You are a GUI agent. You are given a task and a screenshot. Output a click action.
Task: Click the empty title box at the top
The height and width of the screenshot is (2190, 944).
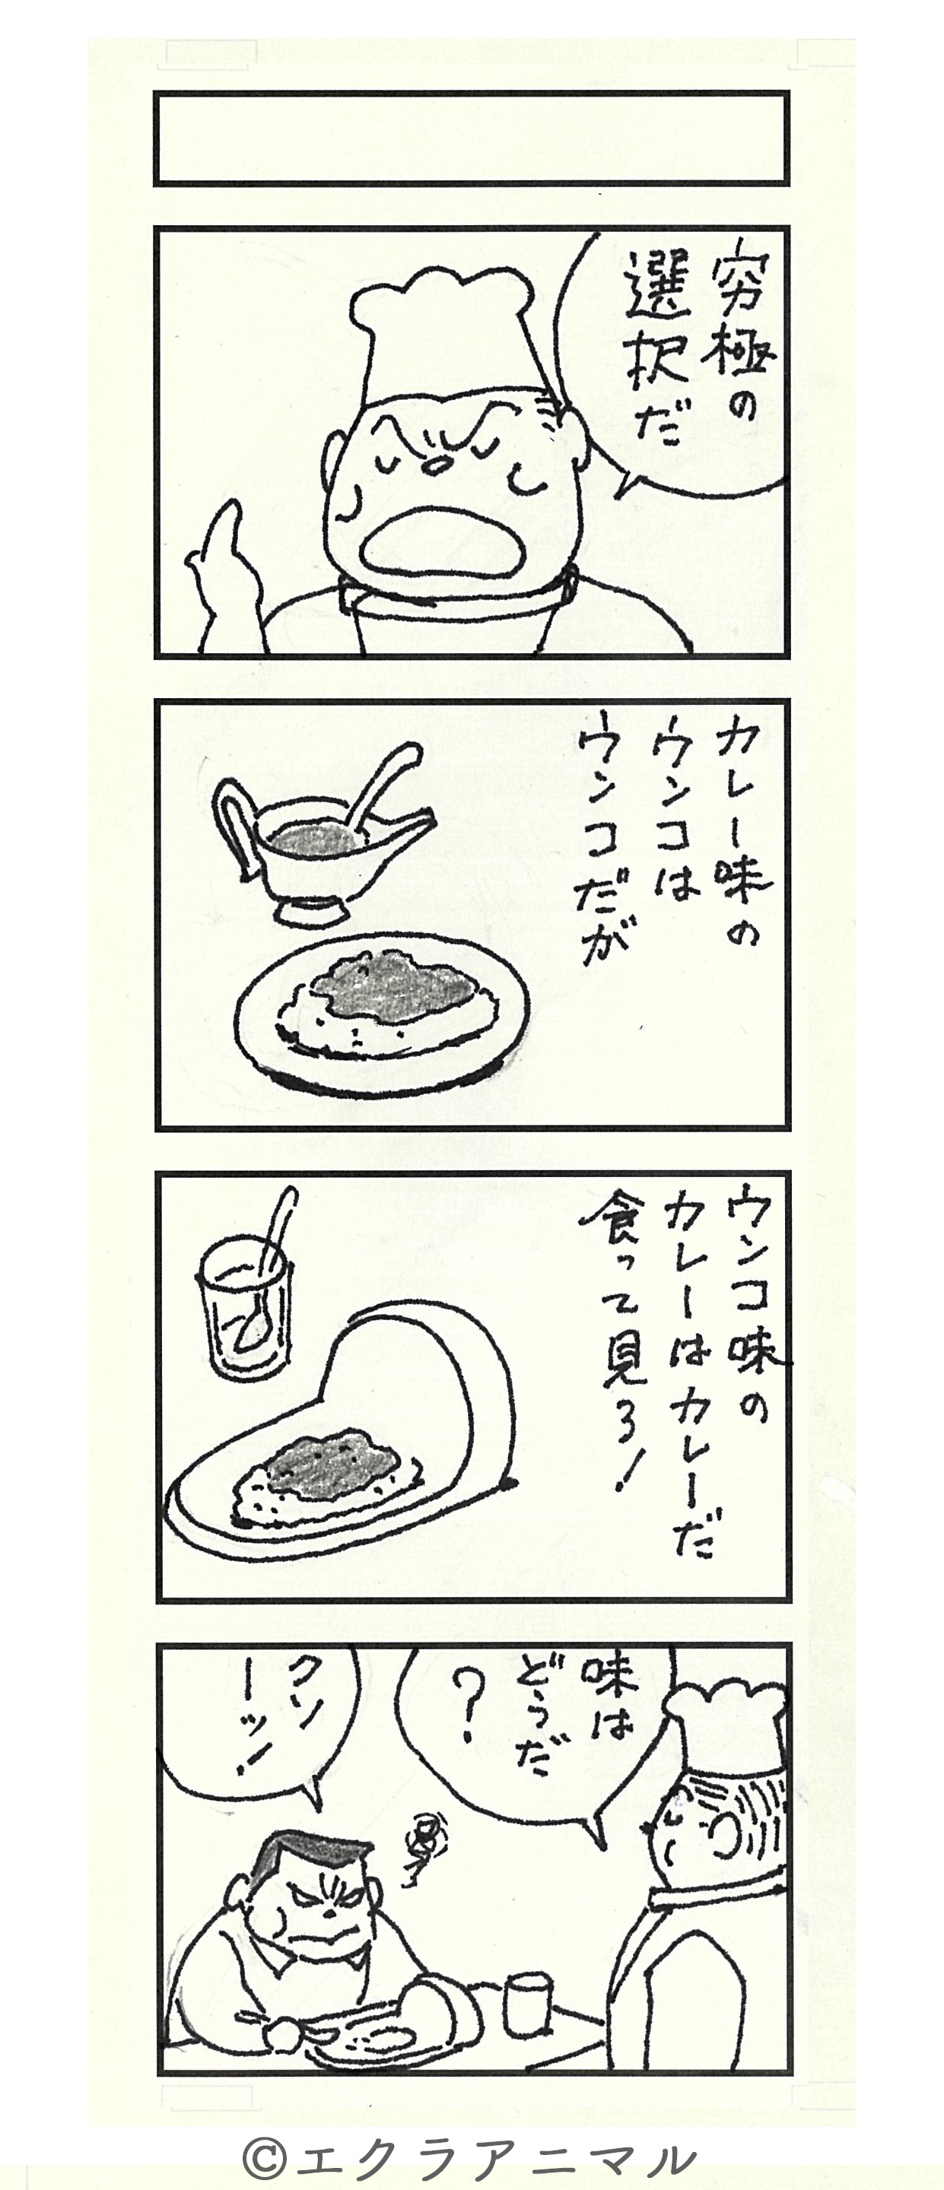pyautogui.click(x=471, y=138)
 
